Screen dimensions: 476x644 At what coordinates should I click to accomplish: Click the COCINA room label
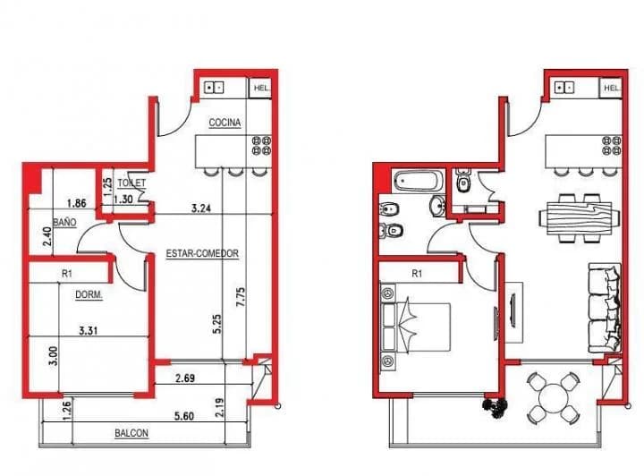[225, 123]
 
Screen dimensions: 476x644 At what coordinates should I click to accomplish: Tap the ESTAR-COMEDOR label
[202, 254]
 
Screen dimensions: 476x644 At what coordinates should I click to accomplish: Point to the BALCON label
[131, 434]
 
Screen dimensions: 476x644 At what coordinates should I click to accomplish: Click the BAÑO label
[64, 219]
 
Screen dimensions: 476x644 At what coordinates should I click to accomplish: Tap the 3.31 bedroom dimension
[88, 331]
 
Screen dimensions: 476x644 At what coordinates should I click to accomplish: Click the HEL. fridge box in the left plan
[261, 88]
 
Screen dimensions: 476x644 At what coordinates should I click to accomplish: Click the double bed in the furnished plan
[419, 326]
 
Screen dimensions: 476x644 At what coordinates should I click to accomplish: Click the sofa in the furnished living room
[605, 306]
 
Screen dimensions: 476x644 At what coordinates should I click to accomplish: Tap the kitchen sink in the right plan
[567, 88]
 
